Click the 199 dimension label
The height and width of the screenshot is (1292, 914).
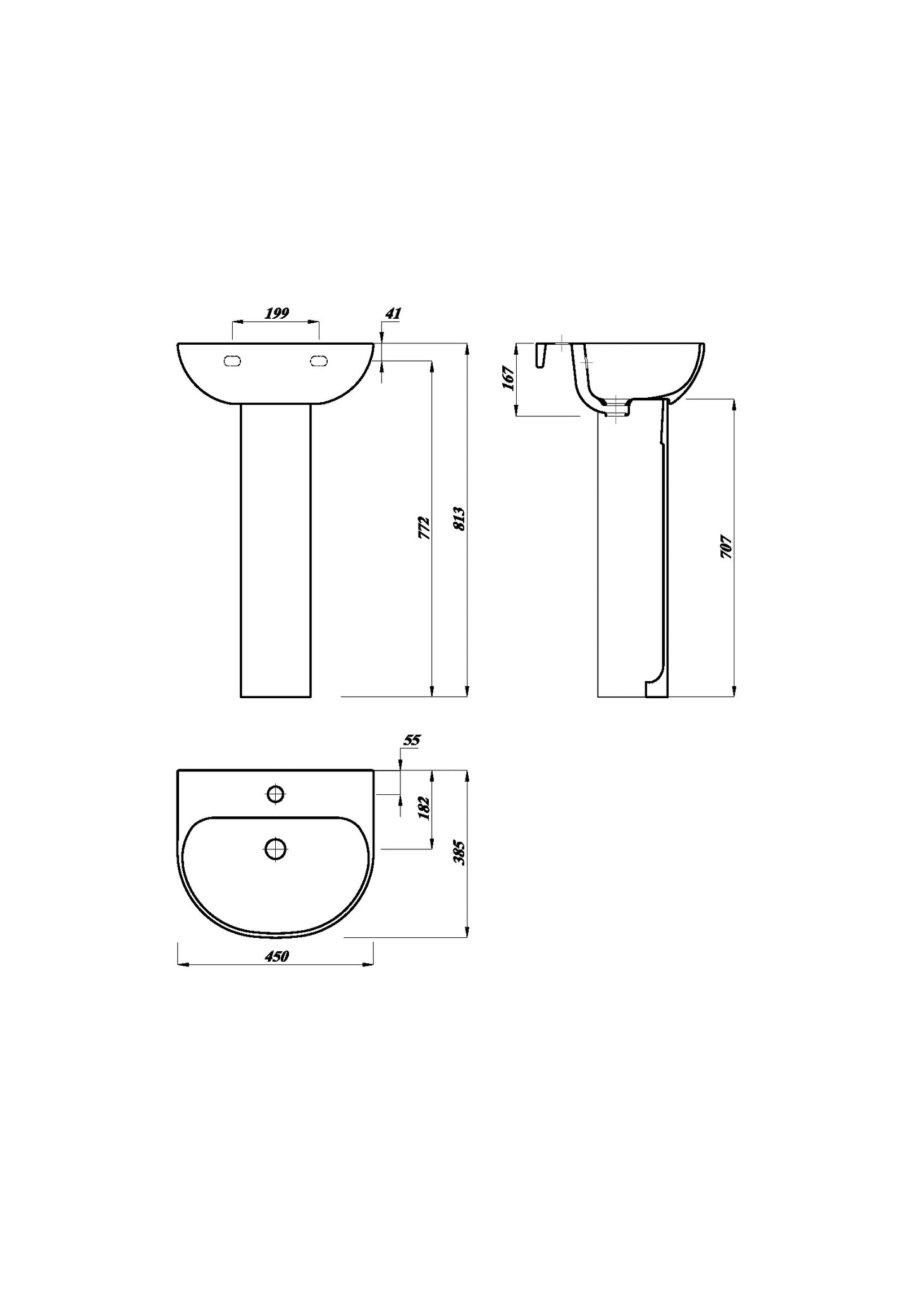276,313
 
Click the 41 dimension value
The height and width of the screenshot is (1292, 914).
393,313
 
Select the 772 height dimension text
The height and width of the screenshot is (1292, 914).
424,528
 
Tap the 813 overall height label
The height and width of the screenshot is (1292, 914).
460,519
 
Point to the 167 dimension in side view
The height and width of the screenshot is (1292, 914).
509,378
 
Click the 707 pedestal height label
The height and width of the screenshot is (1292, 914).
726,547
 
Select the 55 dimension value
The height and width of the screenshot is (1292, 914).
412,740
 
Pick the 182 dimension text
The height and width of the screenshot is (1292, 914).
424,809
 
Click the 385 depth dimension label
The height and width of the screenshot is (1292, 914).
460,853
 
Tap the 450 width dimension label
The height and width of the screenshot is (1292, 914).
276,957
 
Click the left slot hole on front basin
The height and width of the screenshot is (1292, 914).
232,361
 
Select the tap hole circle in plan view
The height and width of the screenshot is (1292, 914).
276,794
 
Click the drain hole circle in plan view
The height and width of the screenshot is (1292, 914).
276,849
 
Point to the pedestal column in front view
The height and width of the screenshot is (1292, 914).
276,550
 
